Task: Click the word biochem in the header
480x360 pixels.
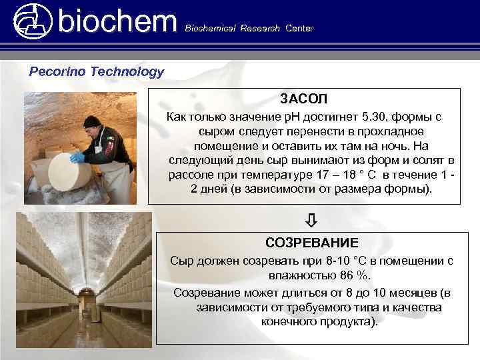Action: [x=117, y=21]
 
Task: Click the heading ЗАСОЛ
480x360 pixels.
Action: [x=303, y=100]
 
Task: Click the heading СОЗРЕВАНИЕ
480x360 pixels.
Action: [x=311, y=243]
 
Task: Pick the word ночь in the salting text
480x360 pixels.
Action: [x=396, y=145]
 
